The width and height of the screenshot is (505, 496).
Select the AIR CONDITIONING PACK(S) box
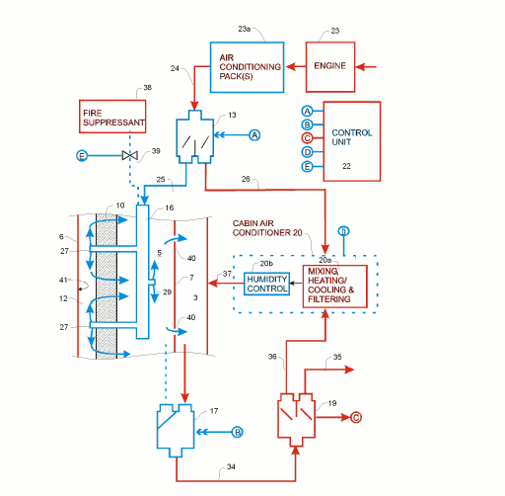click(x=246, y=66)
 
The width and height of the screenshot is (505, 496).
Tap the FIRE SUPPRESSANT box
click(x=113, y=117)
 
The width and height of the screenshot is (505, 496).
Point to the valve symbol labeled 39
click(x=127, y=156)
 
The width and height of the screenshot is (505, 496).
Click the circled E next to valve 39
click(x=83, y=156)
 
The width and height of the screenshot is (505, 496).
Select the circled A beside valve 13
click(x=254, y=134)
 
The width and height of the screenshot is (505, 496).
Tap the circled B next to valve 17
click(x=237, y=432)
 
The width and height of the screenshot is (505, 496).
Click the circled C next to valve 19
click(x=356, y=418)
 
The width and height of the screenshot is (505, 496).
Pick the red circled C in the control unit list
click(x=307, y=139)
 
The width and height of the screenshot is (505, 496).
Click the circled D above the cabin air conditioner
click(x=343, y=232)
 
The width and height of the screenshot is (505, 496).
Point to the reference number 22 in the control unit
click(x=346, y=167)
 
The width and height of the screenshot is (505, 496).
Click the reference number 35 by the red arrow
click(x=337, y=358)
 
